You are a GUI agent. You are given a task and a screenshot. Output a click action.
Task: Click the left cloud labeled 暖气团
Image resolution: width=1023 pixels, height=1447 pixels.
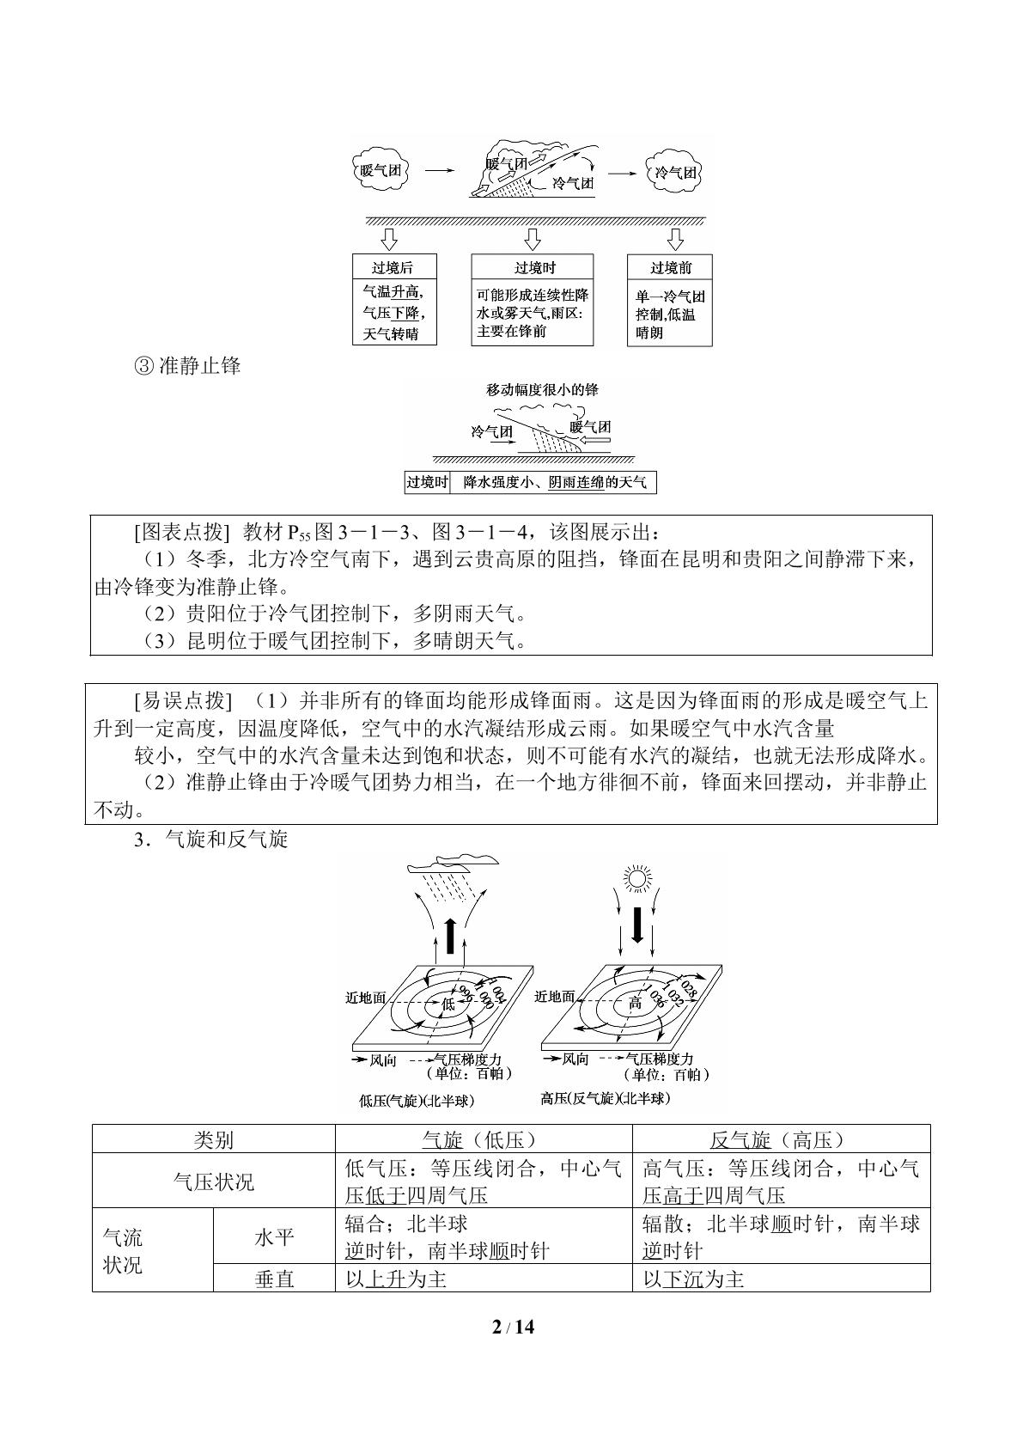[381, 170]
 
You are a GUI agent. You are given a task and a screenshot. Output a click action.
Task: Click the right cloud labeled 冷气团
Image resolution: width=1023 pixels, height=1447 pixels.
[674, 172]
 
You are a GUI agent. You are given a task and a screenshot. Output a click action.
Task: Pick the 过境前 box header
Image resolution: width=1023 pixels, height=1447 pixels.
[670, 267]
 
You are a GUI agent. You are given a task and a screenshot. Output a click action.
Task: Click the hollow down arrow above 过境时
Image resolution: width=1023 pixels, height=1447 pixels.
[533, 239]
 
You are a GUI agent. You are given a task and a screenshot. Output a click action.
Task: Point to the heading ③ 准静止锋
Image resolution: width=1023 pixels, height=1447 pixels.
[187, 366]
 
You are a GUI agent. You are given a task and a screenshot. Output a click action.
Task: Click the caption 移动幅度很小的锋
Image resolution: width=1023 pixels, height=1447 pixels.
[542, 389]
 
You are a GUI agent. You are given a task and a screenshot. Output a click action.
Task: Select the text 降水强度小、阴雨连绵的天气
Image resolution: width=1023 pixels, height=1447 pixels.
[555, 483]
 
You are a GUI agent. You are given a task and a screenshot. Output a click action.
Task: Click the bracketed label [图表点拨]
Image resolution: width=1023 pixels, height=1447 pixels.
[182, 532]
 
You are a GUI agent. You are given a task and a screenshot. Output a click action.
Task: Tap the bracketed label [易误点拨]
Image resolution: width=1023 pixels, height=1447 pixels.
[182, 700]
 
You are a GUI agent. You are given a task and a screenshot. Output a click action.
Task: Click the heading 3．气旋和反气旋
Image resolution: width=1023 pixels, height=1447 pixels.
[210, 840]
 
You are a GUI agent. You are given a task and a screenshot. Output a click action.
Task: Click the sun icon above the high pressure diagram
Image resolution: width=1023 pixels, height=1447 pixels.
[636, 878]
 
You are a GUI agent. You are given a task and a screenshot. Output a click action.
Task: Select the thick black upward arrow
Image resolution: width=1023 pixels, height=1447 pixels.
[451, 935]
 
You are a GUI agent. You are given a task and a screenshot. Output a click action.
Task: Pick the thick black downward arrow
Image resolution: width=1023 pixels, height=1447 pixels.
[636, 925]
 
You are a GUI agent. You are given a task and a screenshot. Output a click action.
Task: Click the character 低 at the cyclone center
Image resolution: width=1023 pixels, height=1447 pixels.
[448, 1004]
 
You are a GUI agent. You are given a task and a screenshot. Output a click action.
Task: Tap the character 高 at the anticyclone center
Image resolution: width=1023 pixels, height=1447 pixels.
[636, 1004]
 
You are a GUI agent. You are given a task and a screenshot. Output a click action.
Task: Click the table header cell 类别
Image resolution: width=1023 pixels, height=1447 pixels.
[214, 1140]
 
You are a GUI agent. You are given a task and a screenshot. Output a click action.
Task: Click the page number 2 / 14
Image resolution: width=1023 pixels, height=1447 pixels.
[513, 1327]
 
